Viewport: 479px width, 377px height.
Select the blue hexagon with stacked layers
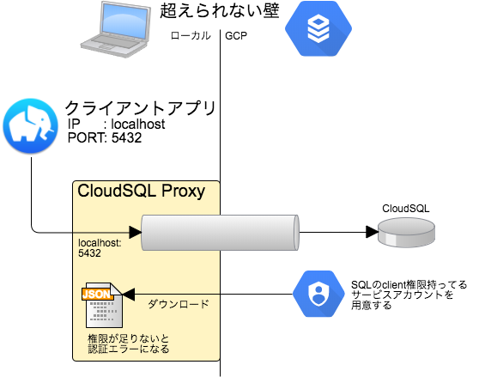click(318, 28)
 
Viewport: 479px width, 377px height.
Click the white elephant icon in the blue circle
click(30, 125)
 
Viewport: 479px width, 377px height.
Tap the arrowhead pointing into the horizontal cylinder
click(135, 232)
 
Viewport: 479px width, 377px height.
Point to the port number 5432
click(89, 254)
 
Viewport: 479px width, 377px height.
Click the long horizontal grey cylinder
click(219, 233)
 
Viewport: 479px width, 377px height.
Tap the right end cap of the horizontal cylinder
click(294, 233)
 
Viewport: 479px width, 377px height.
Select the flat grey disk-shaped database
click(406, 232)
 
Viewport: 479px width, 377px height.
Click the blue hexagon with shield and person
click(318, 294)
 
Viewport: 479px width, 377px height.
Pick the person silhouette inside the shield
click(318, 295)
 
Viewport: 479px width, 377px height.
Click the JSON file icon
click(100, 305)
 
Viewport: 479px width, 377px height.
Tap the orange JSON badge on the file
click(96, 294)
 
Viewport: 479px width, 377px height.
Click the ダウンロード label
click(179, 304)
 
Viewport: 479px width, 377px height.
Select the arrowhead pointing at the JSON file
click(129, 295)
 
